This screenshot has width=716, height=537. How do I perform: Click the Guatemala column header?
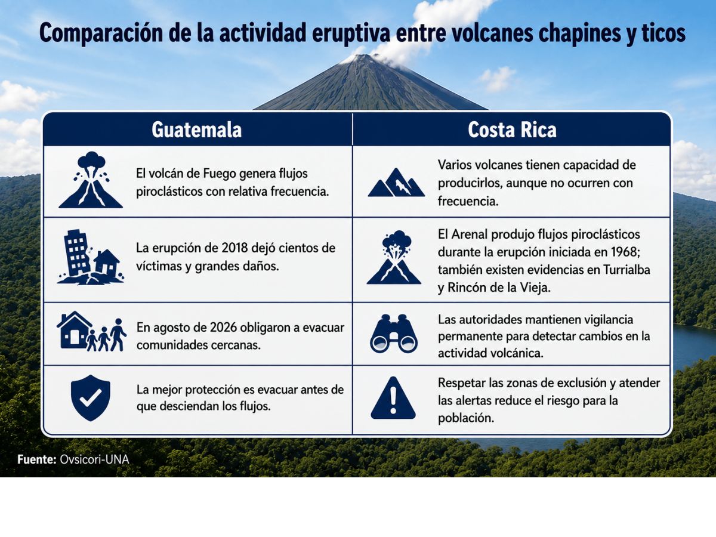(x=197, y=129)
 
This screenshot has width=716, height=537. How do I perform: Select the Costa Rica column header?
(x=512, y=129)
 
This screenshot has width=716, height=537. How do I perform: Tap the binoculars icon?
(x=394, y=334)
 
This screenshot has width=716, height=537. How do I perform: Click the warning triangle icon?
(x=393, y=399)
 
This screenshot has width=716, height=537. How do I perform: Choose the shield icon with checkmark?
(x=90, y=398)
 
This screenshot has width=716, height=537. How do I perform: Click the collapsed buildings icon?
(x=91, y=257)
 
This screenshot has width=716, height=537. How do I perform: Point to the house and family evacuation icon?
(x=91, y=331)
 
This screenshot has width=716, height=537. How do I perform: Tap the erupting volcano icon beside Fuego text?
(x=91, y=180)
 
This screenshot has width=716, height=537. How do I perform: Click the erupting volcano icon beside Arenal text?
(x=394, y=257)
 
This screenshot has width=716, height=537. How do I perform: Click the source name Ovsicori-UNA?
(x=94, y=459)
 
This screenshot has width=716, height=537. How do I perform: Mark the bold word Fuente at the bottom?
(x=37, y=459)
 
